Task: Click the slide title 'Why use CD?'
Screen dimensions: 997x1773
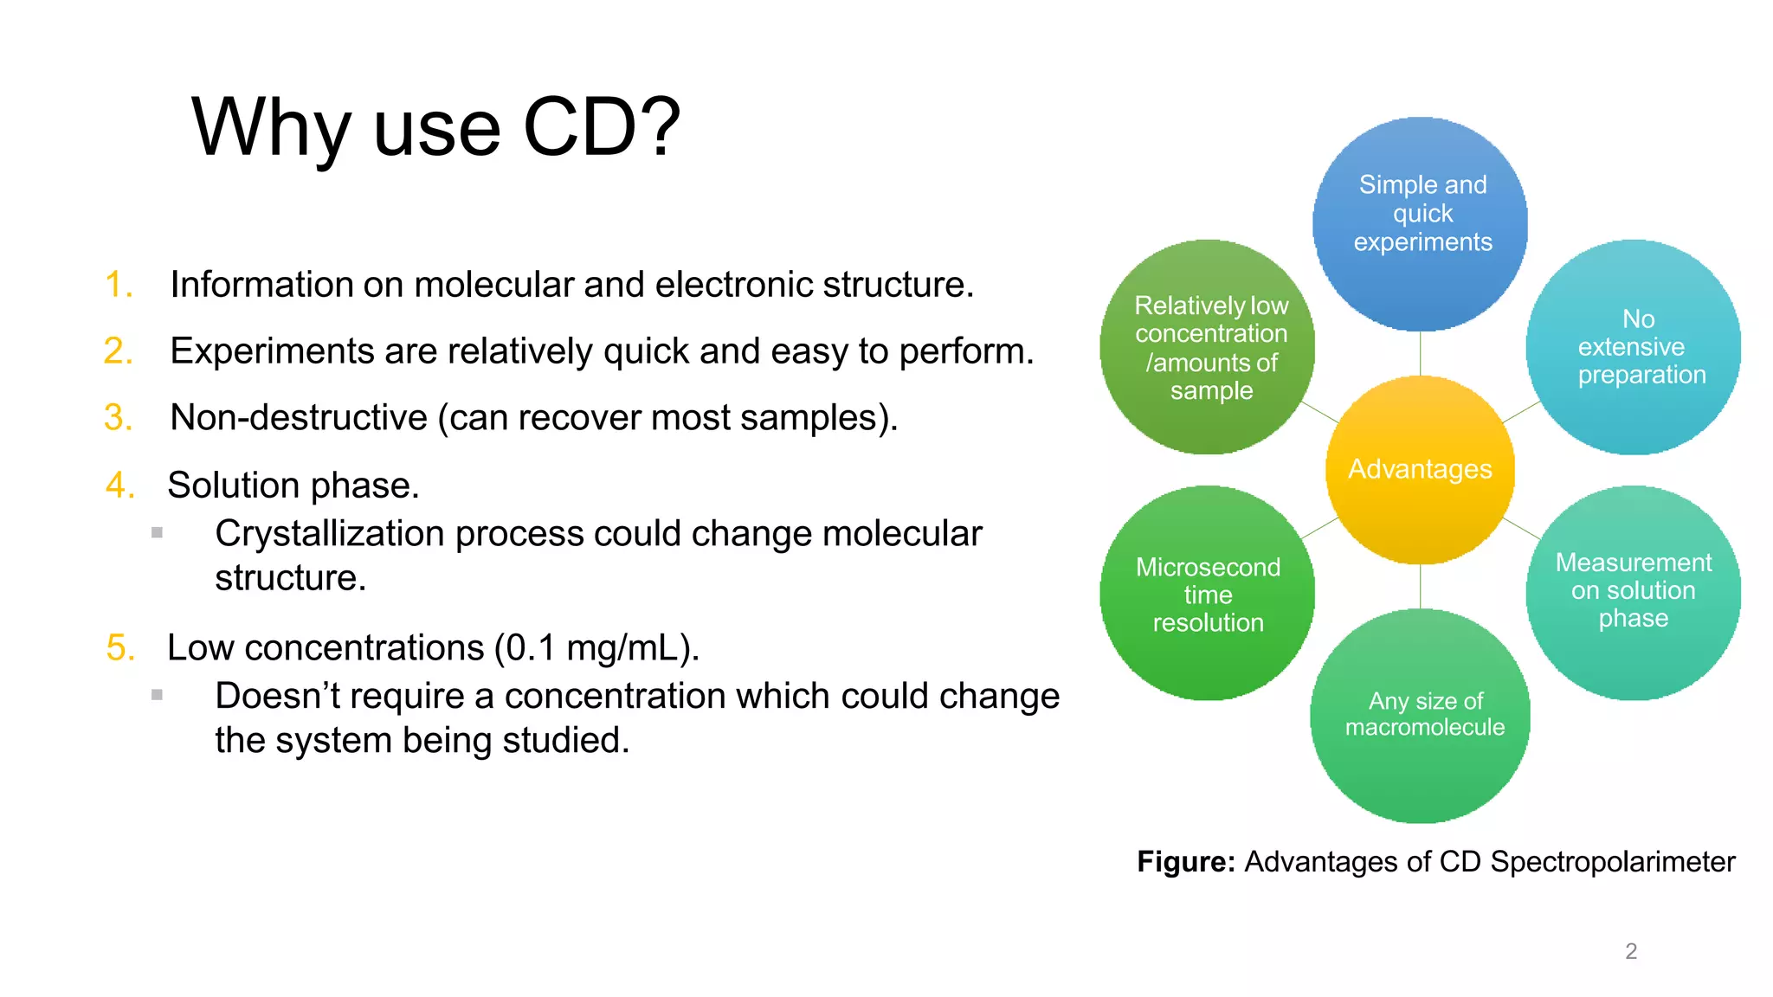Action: (x=435, y=128)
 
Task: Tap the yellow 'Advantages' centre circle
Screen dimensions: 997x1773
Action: (x=1420, y=469)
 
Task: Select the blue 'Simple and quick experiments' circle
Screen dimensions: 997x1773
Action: (x=1421, y=222)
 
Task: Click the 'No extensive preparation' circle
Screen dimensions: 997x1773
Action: (x=1634, y=347)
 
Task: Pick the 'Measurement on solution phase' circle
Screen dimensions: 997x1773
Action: (x=1634, y=592)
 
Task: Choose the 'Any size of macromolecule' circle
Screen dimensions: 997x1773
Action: (x=1421, y=715)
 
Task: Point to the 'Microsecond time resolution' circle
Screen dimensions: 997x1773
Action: (x=1208, y=594)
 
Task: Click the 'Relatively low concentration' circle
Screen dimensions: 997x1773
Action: (x=1208, y=347)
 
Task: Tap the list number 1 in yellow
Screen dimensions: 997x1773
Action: (x=119, y=285)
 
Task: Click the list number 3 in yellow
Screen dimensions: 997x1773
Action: (x=119, y=418)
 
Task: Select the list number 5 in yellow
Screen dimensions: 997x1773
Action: (x=120, y=648)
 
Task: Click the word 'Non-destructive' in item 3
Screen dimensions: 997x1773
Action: (x=299, y=418)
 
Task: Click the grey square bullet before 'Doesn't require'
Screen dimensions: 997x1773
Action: (x=157, y=694)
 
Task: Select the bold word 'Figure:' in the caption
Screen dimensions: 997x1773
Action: (x=1185, y=862)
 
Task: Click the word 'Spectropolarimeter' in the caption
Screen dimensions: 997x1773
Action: (x=1612, y=862)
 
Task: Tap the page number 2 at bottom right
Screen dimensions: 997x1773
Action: (x=1631, y=951)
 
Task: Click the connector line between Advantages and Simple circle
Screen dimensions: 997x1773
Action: (x=1420, y=354)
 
